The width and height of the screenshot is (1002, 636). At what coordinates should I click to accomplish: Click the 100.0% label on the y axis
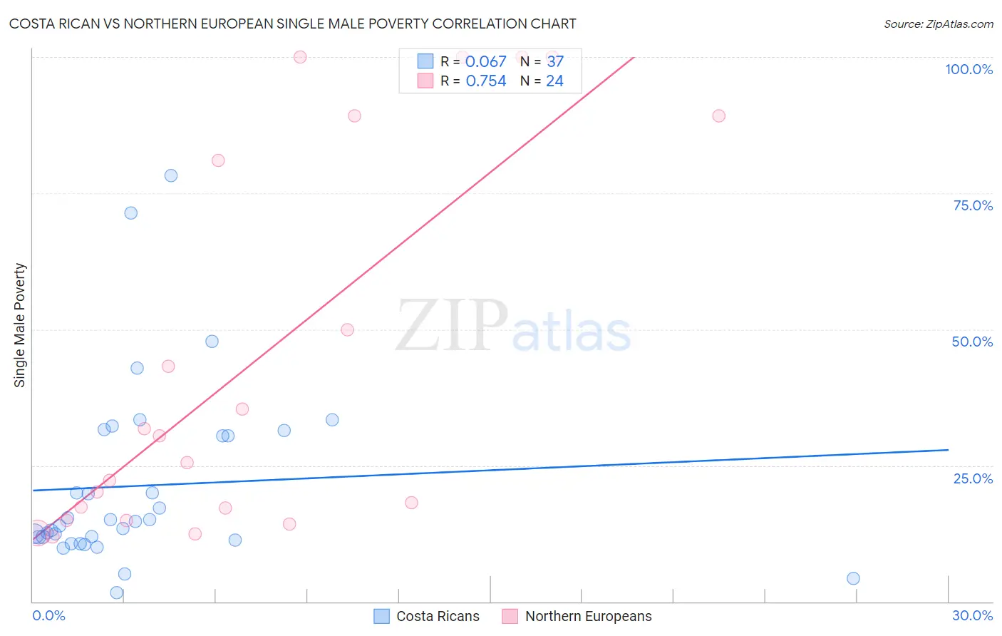969,69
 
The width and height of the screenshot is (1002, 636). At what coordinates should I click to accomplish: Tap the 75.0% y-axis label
973,205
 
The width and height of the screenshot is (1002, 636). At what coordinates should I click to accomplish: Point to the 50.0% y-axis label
972,342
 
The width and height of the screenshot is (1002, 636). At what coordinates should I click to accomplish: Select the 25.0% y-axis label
973,478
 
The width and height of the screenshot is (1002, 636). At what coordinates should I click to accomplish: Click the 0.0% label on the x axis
48,615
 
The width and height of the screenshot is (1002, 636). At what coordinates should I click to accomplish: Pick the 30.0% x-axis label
972,615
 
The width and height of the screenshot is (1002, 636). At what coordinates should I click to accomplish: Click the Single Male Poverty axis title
20,325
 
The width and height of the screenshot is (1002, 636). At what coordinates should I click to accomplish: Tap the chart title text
292,24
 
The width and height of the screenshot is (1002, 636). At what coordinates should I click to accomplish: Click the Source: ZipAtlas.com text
938,24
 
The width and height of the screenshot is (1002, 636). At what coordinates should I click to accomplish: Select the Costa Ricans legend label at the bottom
438,616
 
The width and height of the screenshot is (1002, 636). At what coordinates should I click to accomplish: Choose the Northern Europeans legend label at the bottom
588,616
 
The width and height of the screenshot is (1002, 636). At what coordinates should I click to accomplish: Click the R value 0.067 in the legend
485,62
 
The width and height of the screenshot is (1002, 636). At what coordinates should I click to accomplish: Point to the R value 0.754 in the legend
485,81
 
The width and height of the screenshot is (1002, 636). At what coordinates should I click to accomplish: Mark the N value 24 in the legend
554,81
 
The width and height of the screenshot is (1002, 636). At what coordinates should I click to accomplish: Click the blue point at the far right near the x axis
853,578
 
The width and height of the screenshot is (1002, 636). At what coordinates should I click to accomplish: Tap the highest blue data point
171,175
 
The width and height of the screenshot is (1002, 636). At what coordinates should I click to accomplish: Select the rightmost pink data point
718,116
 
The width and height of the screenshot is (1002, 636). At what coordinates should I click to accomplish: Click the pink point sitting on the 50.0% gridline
347,329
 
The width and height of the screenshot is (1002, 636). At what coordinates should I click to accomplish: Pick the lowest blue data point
117,593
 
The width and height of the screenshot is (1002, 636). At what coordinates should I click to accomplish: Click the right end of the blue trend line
948,450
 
